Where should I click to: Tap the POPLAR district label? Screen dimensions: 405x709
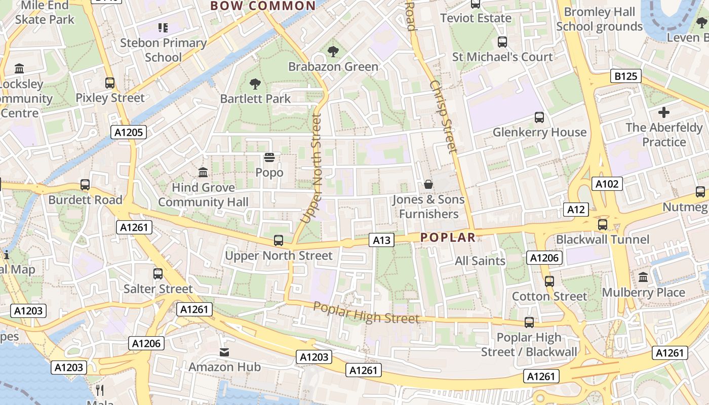point(448,237)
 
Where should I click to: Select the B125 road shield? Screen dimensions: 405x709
point(625,76)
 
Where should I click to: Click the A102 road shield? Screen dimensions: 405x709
point(607,184)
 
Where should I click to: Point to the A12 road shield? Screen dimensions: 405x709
point(576,210)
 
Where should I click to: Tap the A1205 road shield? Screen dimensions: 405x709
point(129,133)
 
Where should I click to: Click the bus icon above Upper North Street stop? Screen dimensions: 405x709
point(278,240)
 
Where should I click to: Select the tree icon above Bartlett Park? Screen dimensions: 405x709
point(255,84)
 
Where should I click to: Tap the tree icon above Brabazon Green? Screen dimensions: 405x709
point(333,51)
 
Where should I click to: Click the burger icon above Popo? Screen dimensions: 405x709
point(269,157)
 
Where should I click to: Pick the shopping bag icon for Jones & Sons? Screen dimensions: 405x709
point(428,184)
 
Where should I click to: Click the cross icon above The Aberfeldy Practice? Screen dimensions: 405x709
point(663,112)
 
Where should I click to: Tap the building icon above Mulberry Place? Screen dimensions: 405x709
point(643,277)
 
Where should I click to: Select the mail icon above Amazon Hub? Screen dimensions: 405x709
point(224,352)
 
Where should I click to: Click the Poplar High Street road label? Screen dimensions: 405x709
point(366,312)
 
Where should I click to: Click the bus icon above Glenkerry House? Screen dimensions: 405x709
point(539,117)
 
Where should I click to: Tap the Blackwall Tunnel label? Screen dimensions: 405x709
point(602,239)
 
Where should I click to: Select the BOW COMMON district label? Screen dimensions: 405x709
point(263,6)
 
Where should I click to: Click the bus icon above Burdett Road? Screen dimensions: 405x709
point(85,185)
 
